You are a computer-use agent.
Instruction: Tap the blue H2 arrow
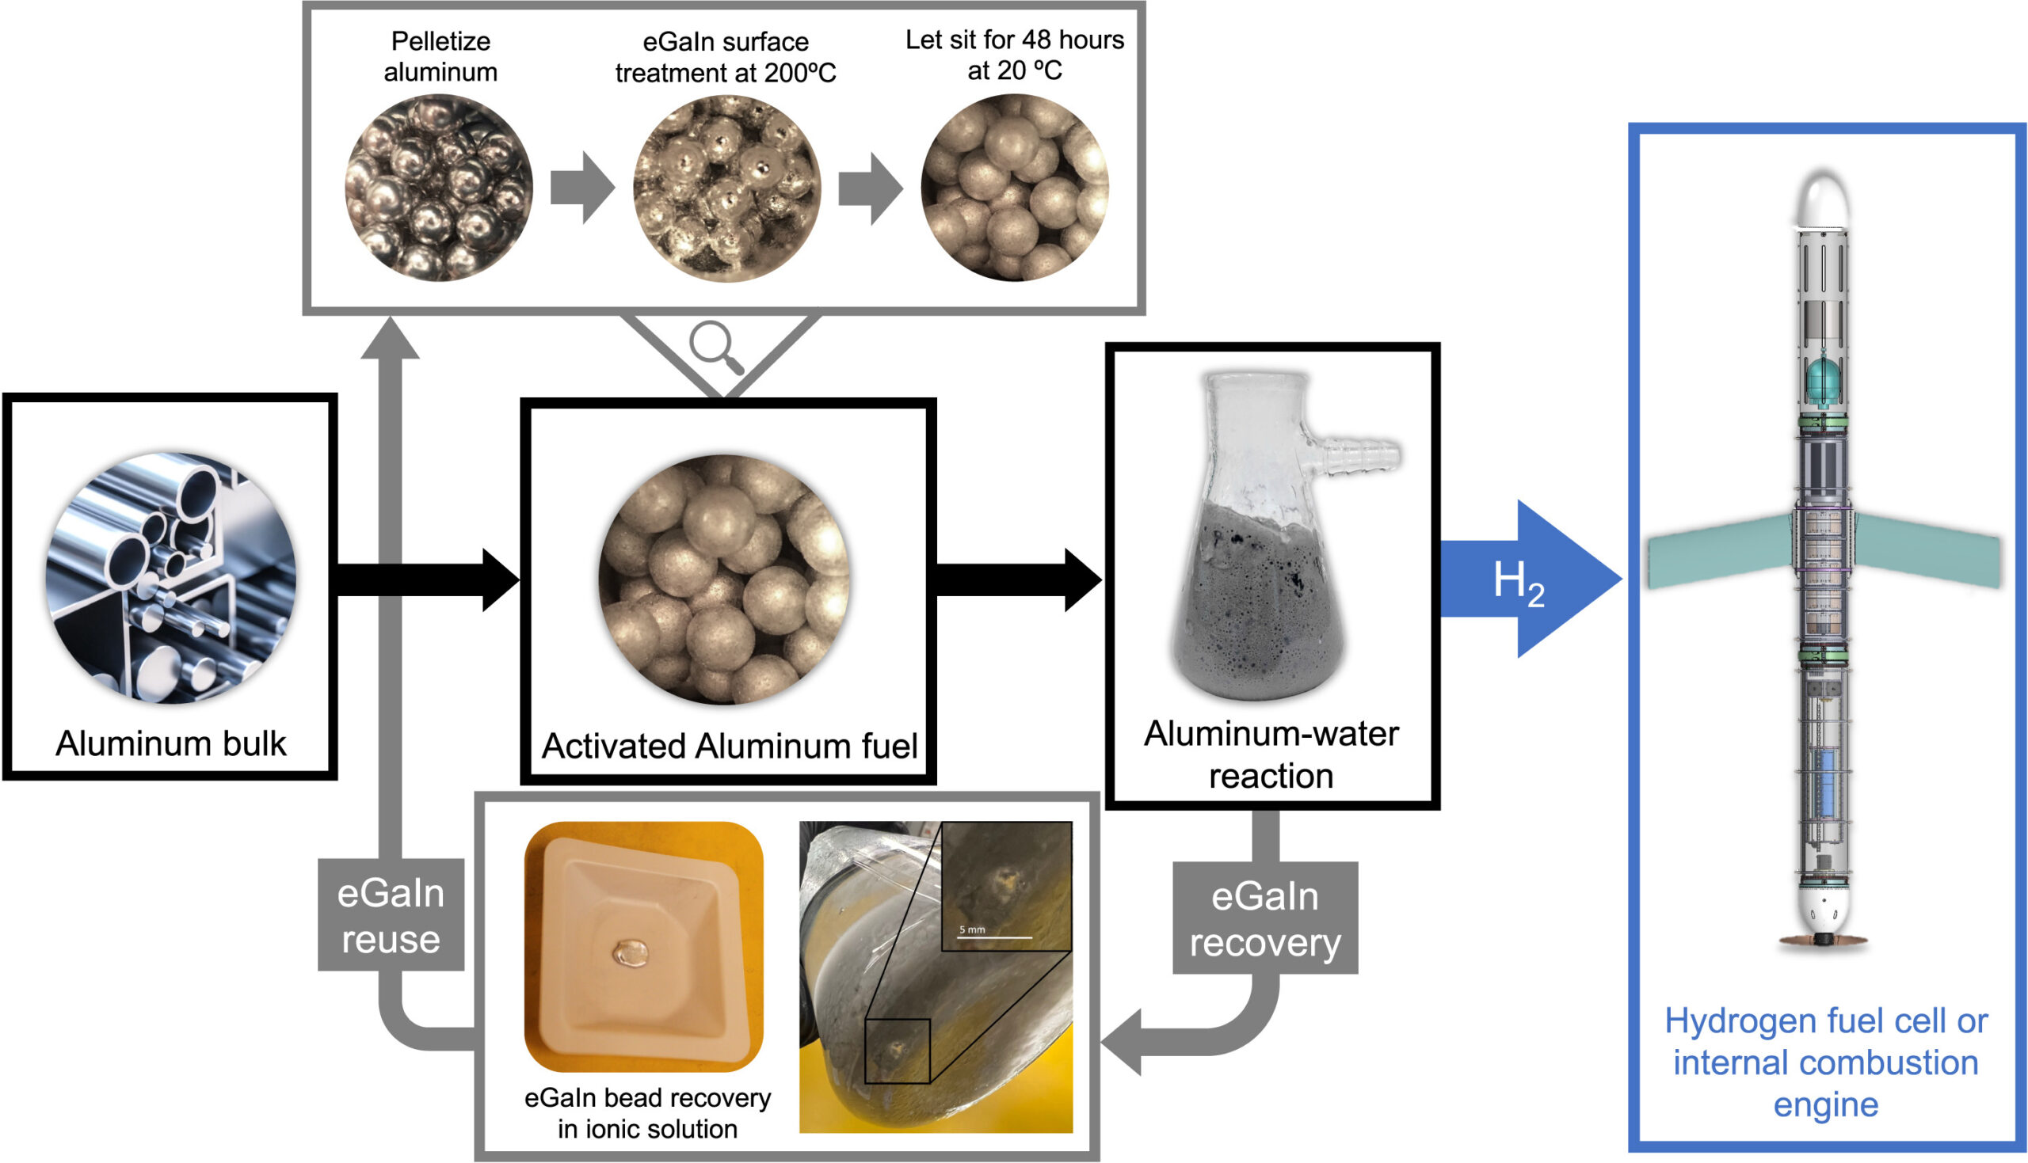[1523, 578]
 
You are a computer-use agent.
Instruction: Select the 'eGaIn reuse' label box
[391, 915]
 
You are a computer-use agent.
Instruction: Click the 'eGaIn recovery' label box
[1264, 918]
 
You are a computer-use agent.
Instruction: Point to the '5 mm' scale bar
[994, 935]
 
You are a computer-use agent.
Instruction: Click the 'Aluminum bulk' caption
[170, 743]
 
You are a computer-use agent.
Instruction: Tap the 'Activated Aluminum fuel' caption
[729, 746]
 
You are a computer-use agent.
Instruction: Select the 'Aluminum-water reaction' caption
[1271, 754]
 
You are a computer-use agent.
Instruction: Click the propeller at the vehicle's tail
[1824, 941]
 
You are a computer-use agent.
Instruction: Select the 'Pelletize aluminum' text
[440, 56]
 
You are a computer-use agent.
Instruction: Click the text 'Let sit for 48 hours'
[1014, 40]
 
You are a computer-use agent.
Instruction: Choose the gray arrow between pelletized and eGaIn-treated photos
[582, 188]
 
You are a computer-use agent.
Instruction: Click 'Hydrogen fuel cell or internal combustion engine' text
[1826, 1062]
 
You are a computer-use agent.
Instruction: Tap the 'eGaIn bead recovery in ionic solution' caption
[647, 1112]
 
